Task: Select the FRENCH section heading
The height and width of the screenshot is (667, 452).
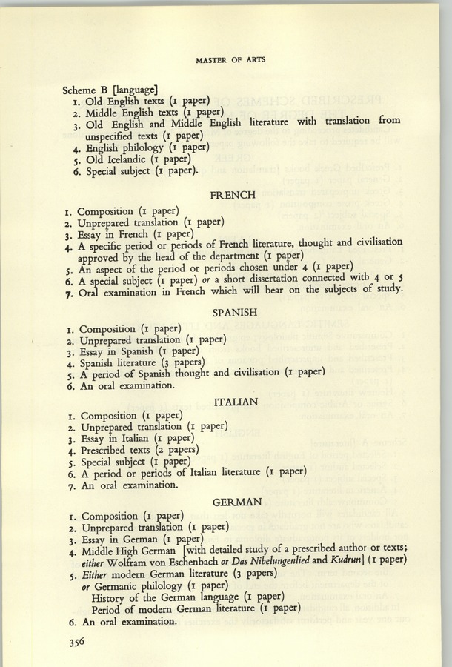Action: point(233,196)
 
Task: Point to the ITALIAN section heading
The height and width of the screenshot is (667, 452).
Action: point(235,402)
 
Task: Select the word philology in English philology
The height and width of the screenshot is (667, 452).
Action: point(158,147)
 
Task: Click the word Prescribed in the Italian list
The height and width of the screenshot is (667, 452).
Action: point(109,450)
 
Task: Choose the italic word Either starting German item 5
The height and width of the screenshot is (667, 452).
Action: point(96,574)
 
